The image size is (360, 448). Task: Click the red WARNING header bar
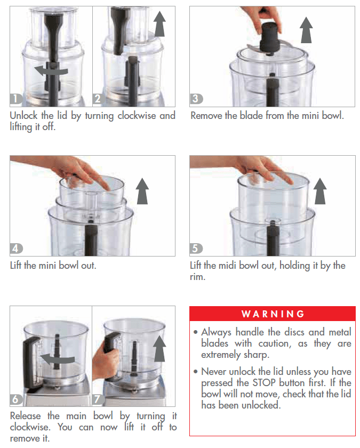273,314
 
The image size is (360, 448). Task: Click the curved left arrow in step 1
51,70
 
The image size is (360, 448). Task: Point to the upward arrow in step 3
306,29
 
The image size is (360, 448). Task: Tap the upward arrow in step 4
142,191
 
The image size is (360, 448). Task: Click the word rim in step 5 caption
198,277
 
